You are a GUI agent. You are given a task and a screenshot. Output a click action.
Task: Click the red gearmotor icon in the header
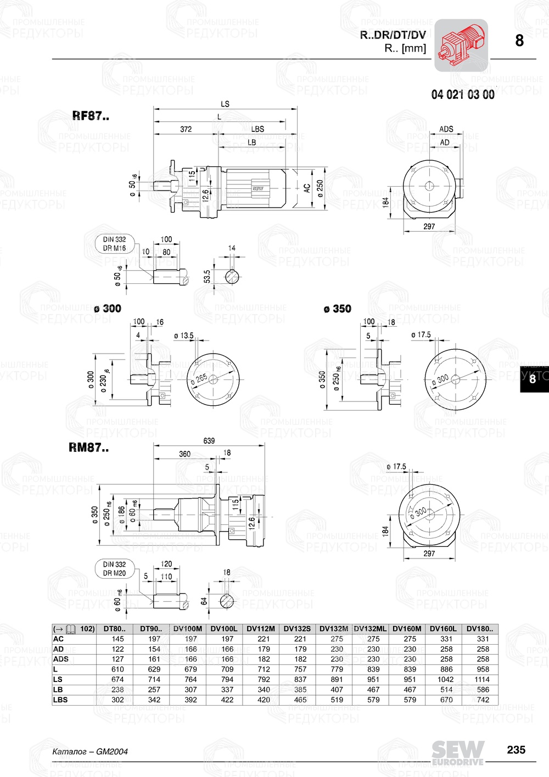coord(461,46)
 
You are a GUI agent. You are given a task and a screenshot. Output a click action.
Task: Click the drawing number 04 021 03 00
coord(462,94)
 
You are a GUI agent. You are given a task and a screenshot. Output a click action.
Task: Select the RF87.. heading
coord(91,116)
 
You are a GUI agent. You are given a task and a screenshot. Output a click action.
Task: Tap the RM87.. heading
coord(88,448)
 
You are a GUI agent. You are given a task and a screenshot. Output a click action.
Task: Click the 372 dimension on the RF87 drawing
coord(186,129)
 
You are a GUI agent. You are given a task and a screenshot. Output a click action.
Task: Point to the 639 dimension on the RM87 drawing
coord(209,440)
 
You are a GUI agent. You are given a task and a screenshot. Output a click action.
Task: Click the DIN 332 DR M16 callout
coord(114,244)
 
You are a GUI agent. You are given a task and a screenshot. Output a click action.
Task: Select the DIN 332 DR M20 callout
coord(114,569)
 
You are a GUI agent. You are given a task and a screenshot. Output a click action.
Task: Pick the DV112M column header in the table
coord(261,629)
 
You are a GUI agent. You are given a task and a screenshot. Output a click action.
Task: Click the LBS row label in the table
coord(60,700)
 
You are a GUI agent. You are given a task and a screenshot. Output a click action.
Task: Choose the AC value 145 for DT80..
coord(117,639)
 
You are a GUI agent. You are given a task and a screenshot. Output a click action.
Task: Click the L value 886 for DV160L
coord(446,669)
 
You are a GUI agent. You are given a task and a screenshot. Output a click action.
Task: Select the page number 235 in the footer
coord(516,750)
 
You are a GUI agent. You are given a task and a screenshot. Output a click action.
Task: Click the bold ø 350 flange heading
coord(337,309)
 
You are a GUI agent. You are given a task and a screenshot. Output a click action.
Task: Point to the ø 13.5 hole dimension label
coord(183,335)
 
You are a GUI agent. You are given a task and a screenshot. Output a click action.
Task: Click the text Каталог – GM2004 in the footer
coord(89,751)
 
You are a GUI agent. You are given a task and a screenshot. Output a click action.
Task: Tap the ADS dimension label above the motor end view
coord(446,129)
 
